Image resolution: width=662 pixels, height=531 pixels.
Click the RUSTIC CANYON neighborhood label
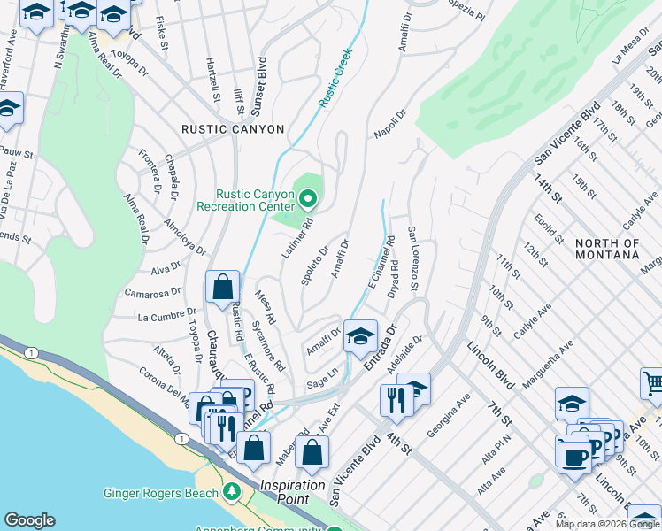[233, 129]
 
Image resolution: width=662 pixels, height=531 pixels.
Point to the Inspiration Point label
[299, 486]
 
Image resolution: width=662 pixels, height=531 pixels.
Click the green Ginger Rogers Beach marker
[232, 489]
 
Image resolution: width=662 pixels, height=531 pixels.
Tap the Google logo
[29, 520]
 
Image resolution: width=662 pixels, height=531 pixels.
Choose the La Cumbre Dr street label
[166, 315]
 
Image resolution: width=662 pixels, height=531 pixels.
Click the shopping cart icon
[652, 383]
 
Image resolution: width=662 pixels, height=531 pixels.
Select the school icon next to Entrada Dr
[359, 335]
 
